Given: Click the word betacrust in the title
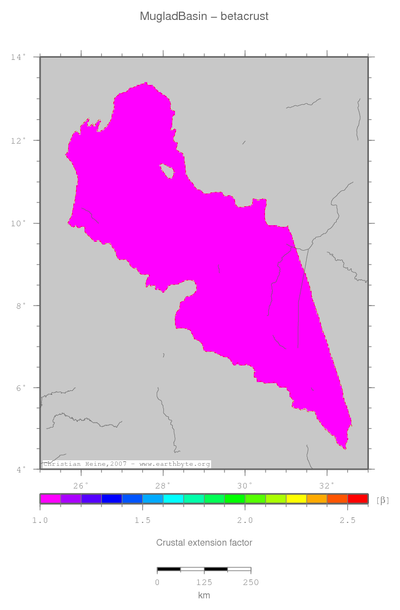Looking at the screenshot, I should point(244,17).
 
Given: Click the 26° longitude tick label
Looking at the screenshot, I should point(81,486).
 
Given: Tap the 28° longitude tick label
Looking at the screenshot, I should point(163,486).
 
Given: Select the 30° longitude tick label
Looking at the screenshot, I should point(245,486).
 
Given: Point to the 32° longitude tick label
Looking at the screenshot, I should point(327,486).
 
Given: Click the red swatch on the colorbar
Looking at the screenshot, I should point(358,499).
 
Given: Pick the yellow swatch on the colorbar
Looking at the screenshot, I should point(296,499).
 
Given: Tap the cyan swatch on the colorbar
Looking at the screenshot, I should point(173,499).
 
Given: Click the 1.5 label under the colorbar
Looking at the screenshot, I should point(143,520).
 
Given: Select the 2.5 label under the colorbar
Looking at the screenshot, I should point(347,520).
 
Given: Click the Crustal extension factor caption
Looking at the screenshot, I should point(204,542).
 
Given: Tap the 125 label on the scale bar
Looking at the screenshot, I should point(204,582).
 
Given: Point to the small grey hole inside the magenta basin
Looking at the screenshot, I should point(167,170).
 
